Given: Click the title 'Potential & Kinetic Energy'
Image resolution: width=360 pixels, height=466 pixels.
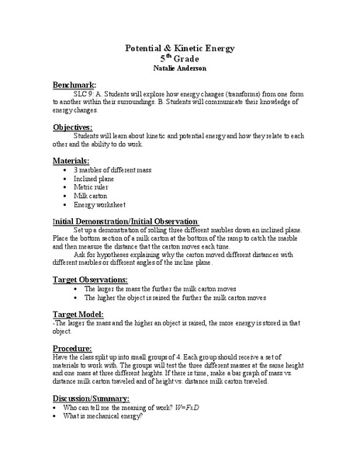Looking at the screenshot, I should tap(179, 48).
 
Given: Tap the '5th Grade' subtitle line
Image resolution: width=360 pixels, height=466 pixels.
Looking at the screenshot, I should tap(179, 58).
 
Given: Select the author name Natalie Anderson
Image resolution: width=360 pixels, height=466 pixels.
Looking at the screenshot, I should tap(179, 69).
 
